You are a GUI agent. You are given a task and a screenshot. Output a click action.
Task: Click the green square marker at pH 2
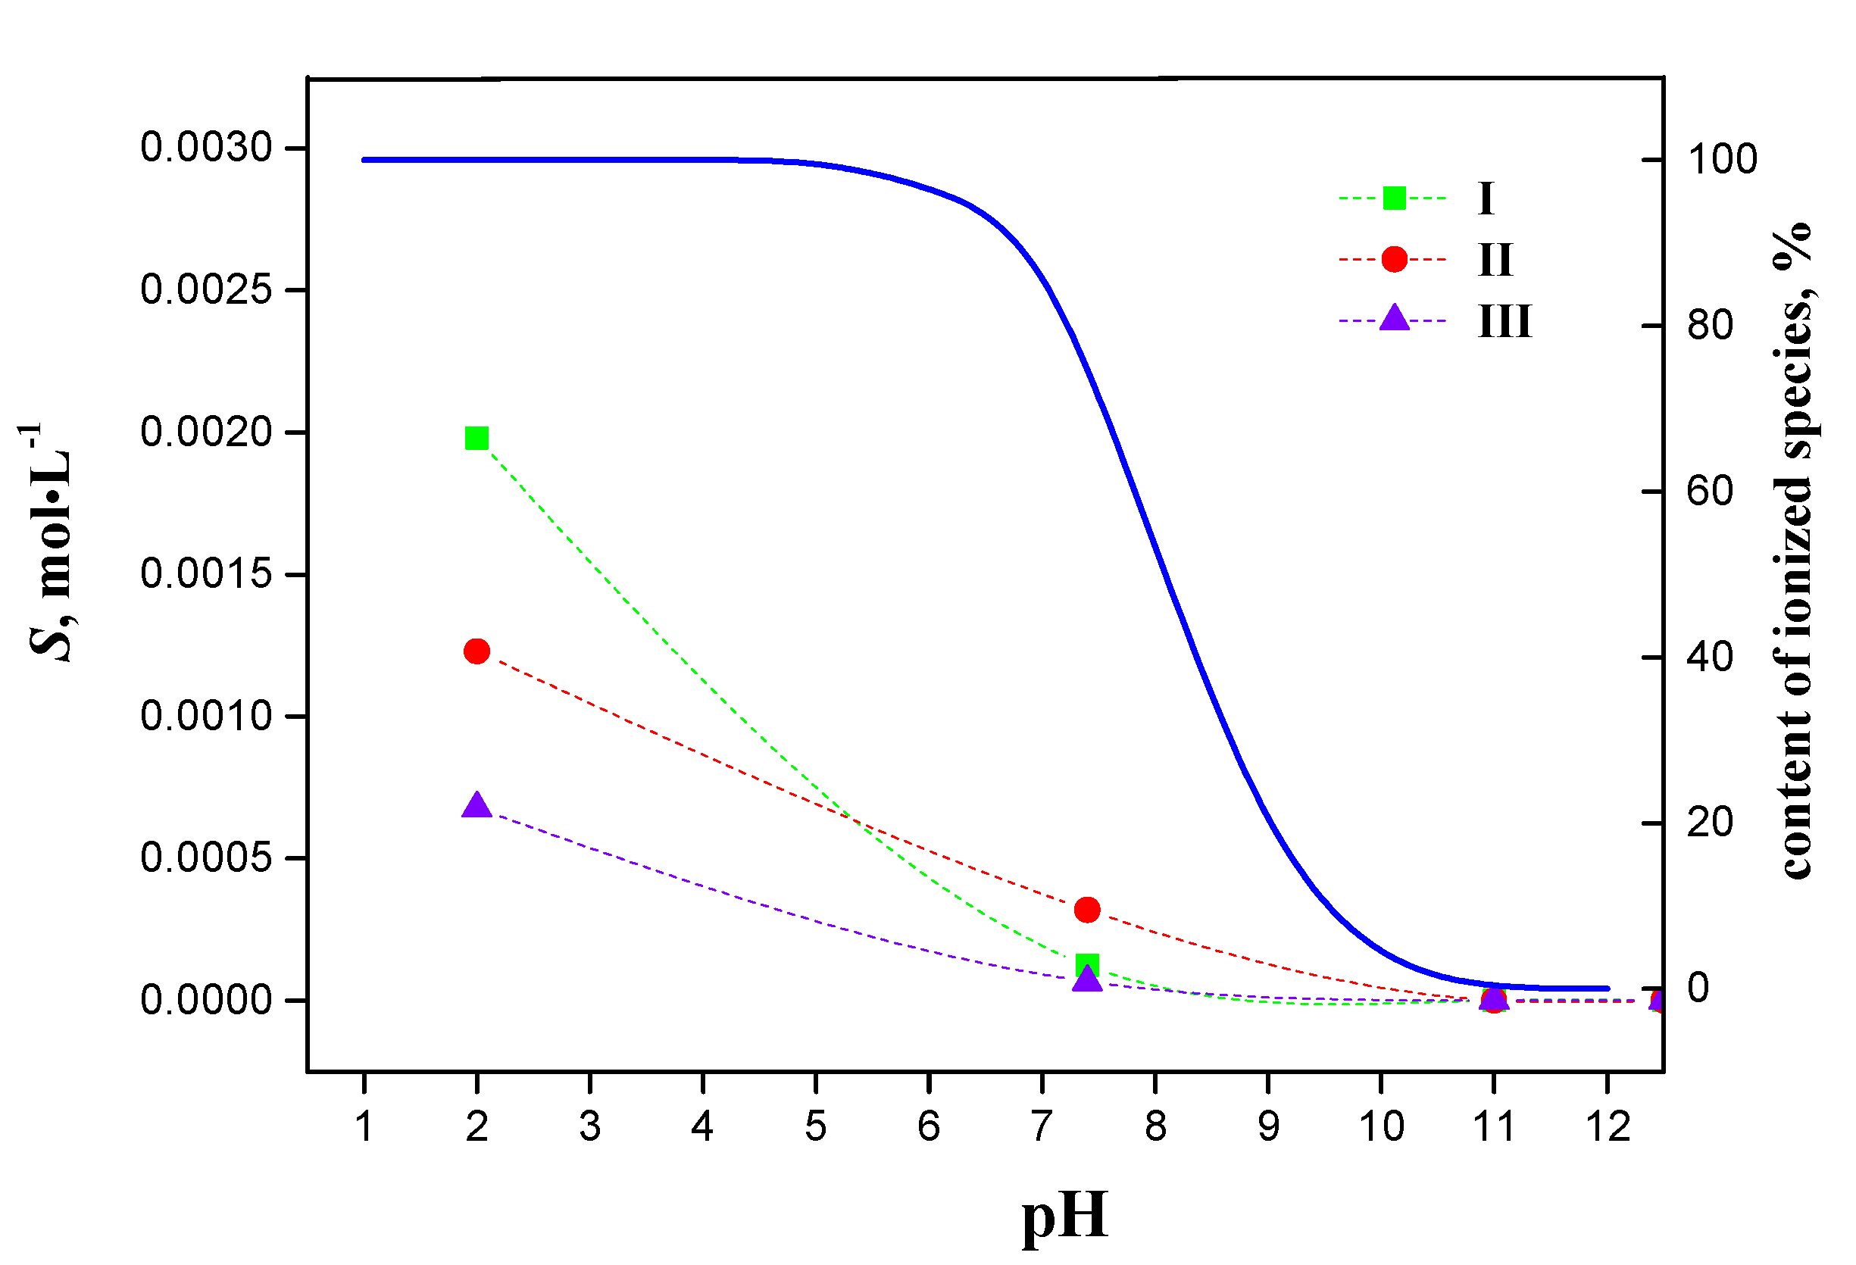(x=476, y=439)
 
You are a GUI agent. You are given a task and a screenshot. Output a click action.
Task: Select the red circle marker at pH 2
(x=476, y=651)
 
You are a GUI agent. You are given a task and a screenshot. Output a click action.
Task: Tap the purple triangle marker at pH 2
(x=476, y=806)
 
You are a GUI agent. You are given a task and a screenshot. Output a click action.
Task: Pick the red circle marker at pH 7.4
(x=1087, y=910)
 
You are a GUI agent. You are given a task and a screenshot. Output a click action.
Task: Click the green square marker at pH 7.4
(x=1087, y=965)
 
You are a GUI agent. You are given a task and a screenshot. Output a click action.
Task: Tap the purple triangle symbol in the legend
(x=1394, y=319)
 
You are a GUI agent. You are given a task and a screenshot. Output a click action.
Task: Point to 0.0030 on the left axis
(x=206, y=148)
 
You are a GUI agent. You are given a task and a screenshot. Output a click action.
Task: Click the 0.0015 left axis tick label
(x=206, y=573)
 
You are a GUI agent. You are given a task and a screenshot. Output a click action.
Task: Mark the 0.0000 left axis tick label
(x=206, y=1000)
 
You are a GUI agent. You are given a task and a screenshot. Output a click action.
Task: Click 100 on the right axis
(x=1722, y=159)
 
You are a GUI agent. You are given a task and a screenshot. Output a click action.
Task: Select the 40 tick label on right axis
(x=1710, y=657)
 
